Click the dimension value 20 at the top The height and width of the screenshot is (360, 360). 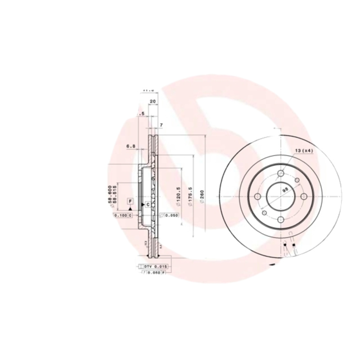pos(153,102)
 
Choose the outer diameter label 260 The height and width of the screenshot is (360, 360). pos(202,197)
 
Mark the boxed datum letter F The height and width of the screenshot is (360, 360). pos(130,201)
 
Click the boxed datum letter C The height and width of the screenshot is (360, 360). pos(147,205)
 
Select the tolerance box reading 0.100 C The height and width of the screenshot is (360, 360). pos(123,216)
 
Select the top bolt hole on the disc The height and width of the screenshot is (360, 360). pos(281,173)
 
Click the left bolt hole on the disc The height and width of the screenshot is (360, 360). pos(258,197)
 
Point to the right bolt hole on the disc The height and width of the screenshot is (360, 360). pos(304,197)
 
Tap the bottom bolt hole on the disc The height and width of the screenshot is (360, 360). pos(281,220)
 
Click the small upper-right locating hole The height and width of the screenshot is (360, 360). pos(297,180)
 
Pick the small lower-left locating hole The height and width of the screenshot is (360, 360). pos(265,212)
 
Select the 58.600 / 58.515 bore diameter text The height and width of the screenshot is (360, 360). pos(112,196)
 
